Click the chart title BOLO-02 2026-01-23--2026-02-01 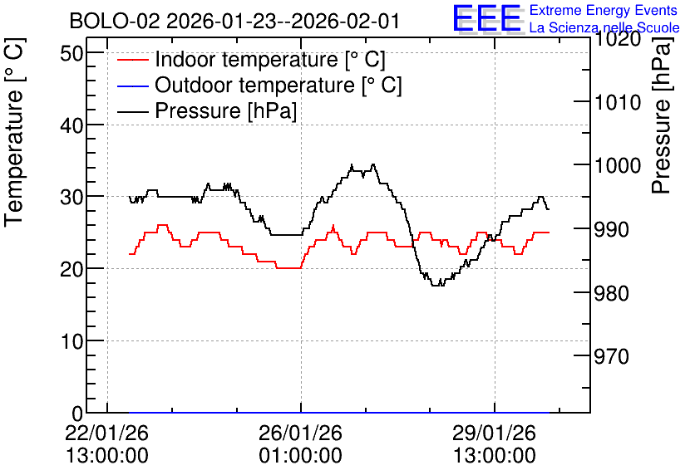[234, 21]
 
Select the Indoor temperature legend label [270, 59]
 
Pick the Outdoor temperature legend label [278, 85]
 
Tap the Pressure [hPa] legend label [225, 110]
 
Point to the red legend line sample [132, 60]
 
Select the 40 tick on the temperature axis [71, 125]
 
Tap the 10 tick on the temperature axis [71, 341]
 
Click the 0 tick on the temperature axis [77, 414]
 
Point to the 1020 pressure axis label [618, 39]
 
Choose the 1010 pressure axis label [618, 102]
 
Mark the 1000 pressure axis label [618, 165]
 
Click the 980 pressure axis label [612, 292]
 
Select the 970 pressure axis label [612, 356]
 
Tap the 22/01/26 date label [106, 433]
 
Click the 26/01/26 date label [300, 433]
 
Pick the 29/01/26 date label [494, 433]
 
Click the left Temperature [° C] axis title [14, 133]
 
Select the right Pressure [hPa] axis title [661, 115]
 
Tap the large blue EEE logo [486, 17]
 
